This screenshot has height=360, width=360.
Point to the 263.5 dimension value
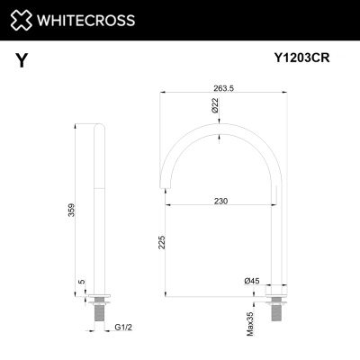222,88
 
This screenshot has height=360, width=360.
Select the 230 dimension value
222,202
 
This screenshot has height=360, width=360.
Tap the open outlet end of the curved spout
169,186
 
